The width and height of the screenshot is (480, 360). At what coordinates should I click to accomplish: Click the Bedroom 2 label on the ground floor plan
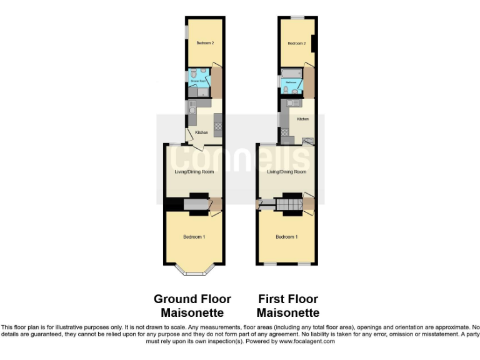[x=205, y=43]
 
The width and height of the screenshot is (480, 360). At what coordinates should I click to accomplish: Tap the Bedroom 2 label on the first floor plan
[x=296, y=43]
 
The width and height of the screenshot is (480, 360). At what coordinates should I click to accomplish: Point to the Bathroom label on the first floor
[x=291, y=82]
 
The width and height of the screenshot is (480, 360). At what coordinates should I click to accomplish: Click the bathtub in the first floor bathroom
[x=291, y=81]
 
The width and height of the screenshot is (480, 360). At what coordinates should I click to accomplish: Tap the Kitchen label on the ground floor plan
[x=201, y=132]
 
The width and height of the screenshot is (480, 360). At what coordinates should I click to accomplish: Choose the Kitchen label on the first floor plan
[x=302, y=119]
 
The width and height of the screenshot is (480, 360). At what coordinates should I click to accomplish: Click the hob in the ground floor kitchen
[x=217, y=129]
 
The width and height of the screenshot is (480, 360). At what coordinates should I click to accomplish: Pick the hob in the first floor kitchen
[x=285, y=132]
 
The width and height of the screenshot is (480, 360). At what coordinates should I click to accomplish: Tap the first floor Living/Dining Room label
[x=287, y=172]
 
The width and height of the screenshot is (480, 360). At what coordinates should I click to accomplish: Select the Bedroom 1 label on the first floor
[x=287, y=237]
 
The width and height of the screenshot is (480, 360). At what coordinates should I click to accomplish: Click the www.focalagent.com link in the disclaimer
[x=307, y=341]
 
